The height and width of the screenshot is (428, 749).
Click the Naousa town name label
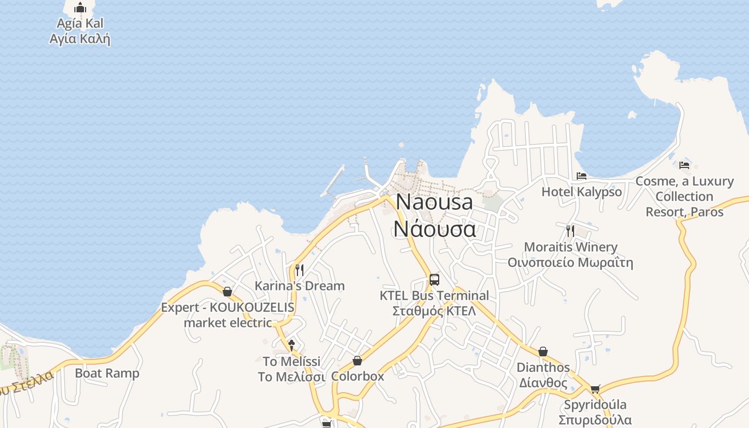(x=434, y=215)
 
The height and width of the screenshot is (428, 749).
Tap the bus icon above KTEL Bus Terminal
(x=434, y=279)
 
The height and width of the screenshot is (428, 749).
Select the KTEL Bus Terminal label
(x=434, y=303)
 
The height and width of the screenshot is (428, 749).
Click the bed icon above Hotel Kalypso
(x=582, y=175)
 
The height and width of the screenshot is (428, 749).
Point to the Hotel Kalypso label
(x=582, y=192)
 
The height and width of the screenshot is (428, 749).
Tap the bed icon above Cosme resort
(x=684, y=164)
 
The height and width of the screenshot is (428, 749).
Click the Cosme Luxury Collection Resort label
(x=684, y=196)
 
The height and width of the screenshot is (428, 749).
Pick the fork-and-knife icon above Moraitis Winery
(x=570, y=231)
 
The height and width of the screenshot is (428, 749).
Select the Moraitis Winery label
(x=570, y=255)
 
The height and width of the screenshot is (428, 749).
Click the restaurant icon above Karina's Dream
(x=300, y=270)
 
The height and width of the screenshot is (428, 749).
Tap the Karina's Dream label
(x=300, y=286)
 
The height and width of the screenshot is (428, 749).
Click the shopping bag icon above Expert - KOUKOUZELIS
(x=227, y=292)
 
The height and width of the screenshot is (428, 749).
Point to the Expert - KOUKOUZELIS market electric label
(x=228, y=315)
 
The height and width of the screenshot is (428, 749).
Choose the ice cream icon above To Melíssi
(x=292, y=345)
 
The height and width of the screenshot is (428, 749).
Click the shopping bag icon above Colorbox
(x=357, y=361)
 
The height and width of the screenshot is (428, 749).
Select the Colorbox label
(x=357, y=376)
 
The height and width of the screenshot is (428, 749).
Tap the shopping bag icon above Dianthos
(x=543, y=351)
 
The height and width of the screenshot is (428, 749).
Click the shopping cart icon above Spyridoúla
(x=595, y=389)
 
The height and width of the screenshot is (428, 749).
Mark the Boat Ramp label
(x=107, y=373)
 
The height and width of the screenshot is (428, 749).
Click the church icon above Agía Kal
(x=80, y=7)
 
